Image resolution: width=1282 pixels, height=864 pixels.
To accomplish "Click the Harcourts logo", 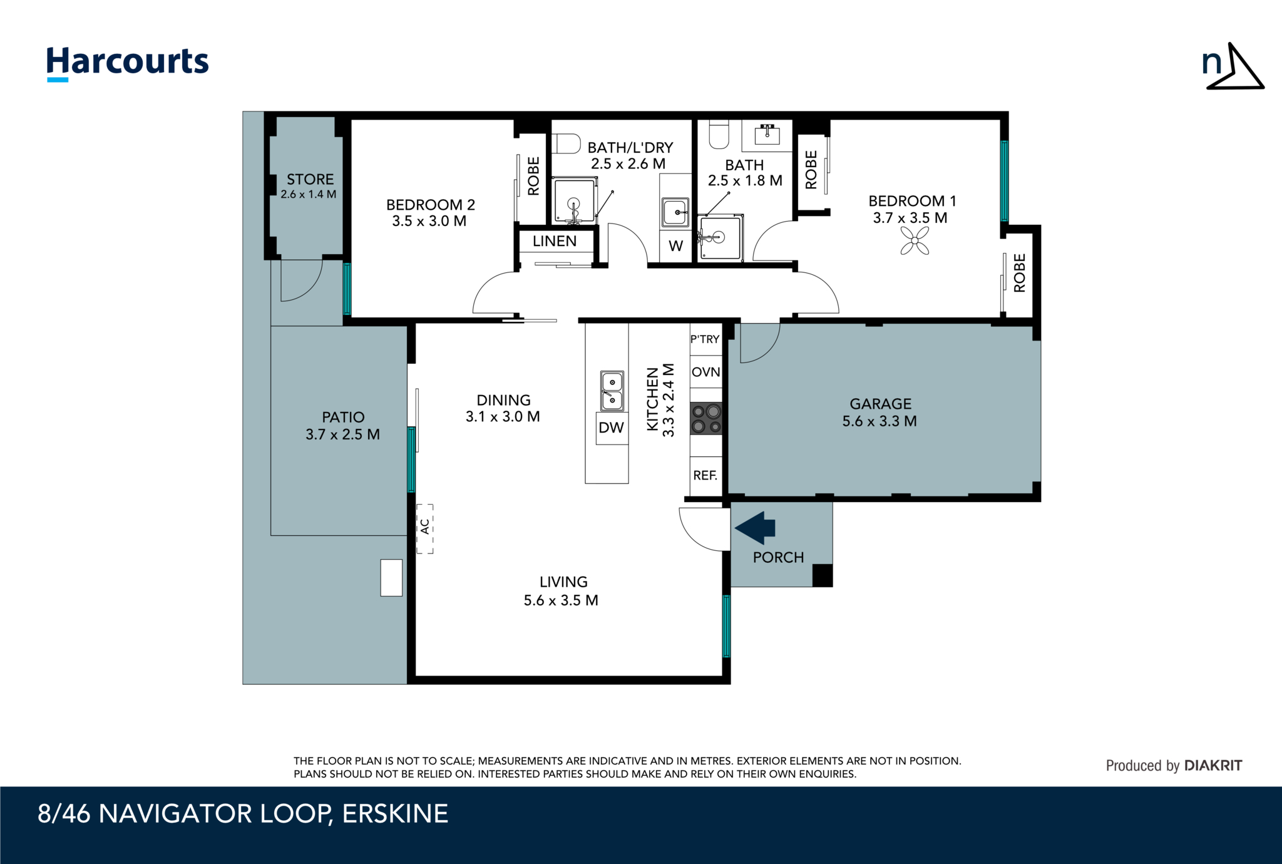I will point(128,63).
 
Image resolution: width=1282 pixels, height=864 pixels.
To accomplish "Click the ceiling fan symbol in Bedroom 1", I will point(915,241).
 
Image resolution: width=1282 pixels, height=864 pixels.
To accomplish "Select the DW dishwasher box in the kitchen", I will point(612,428).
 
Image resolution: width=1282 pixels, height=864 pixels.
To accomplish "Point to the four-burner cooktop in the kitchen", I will point(706,419).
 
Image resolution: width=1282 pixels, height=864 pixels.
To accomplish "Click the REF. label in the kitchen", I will point(705,476).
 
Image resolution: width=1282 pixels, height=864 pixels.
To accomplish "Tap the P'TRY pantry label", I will point(705,339).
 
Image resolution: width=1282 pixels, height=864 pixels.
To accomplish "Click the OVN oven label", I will point(705,372).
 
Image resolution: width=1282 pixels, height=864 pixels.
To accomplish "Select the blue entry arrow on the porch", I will point(756,528).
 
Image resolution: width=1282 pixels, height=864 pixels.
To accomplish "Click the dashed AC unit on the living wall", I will point(425,528).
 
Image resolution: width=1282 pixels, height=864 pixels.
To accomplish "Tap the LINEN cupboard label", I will point(555,241).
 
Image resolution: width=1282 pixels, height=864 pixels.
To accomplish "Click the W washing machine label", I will point(675,246).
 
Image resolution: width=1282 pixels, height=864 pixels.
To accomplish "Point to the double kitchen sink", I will point(612,391).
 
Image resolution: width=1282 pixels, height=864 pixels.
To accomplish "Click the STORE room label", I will point(310,180).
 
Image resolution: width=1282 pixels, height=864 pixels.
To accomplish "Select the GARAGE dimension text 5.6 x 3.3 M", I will point(879,421).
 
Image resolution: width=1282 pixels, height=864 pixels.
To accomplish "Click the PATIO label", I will point(343,417).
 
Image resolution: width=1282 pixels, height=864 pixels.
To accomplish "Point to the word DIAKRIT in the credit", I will point(1213,766).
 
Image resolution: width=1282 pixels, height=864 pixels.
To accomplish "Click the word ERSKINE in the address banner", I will point(395,814).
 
